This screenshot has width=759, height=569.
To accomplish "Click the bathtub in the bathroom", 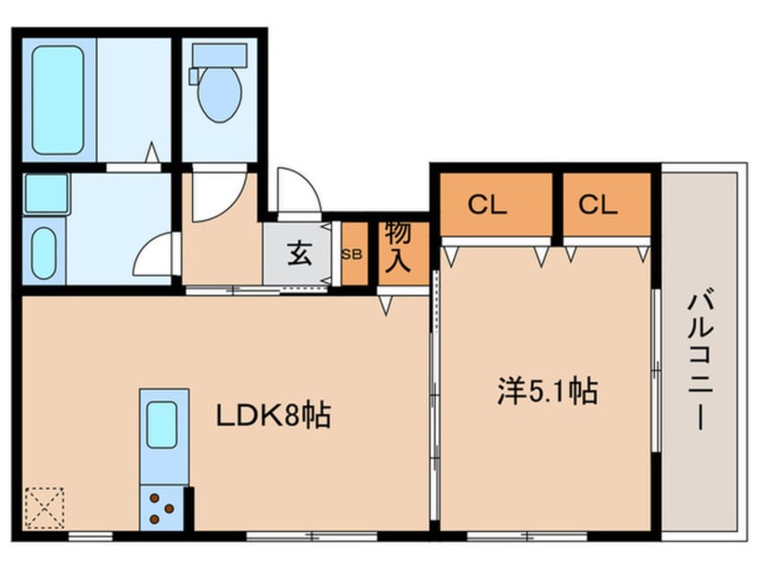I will point(58,100).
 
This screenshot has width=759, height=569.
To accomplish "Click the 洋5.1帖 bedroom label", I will point(547,391).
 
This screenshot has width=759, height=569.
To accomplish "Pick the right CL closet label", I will point(598,206).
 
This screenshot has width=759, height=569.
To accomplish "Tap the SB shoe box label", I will point(353,254).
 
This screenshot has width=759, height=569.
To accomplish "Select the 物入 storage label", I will point(397,247).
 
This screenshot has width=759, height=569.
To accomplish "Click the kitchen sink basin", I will point(162,425).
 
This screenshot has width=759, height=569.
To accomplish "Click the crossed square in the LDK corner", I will point(44,507).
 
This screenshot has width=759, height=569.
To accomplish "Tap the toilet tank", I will point(218,55).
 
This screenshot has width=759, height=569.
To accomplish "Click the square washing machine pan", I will point(46,193).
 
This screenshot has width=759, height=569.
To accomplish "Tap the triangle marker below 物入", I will point(385,306).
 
